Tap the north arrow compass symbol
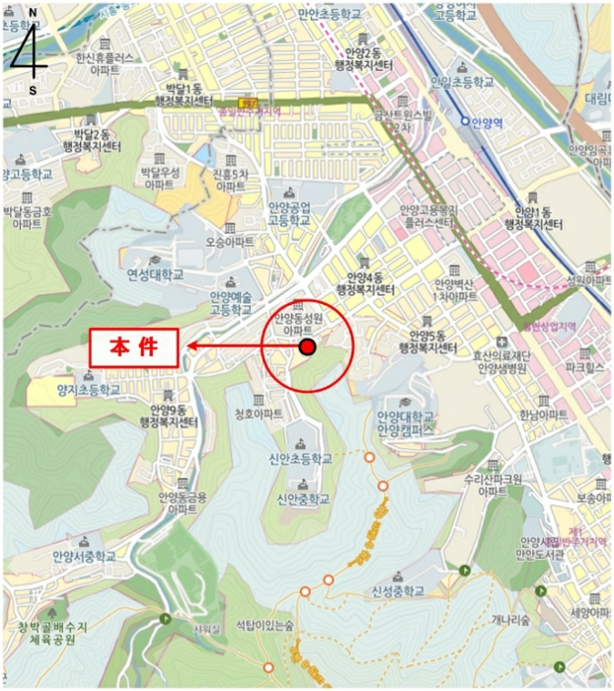click(x=33, y=50)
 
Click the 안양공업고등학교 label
click(x=289, y=213)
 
